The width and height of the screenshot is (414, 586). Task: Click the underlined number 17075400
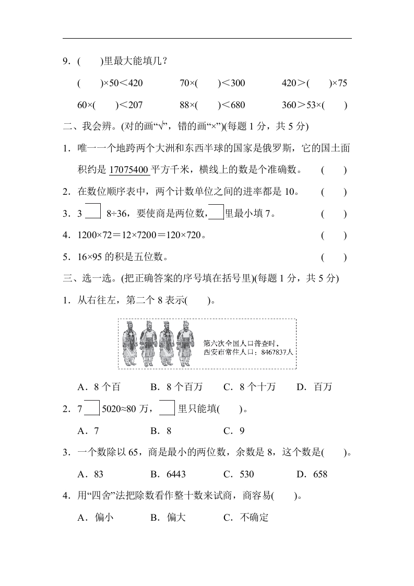[129, 170]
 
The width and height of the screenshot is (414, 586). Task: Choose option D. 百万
[314, 387]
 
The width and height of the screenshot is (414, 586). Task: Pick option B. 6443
[168, 474]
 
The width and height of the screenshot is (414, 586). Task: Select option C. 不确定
[245, 518]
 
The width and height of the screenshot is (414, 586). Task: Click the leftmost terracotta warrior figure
[131, 344]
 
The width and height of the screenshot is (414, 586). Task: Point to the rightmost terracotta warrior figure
[184, 343]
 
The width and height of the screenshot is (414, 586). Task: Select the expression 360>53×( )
[314, 105]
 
